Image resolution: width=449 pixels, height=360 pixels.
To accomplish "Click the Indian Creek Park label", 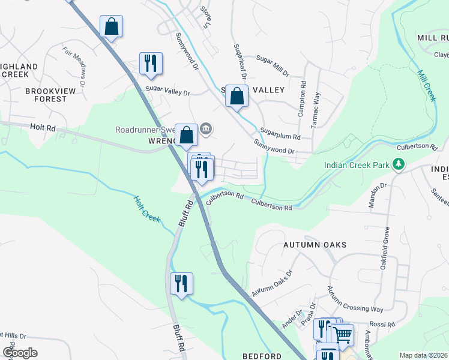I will (x=357, y=164).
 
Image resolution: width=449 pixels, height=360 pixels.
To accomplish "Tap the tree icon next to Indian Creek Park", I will (x=397, y=164).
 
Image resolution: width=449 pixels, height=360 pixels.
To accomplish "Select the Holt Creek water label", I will (x=147, y=209).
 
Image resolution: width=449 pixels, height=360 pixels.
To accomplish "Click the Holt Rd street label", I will (x=43, y=128).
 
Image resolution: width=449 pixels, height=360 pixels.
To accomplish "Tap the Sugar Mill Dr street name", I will (x=273, y=59).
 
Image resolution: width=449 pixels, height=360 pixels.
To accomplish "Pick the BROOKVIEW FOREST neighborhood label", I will (x=46, y=95).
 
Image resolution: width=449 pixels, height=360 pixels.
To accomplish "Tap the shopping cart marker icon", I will (x=342, y=334).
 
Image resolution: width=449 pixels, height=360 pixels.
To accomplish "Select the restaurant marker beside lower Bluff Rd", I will (x=181, y=283).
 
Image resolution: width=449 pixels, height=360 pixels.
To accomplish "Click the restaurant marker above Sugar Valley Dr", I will (x=150, y=63).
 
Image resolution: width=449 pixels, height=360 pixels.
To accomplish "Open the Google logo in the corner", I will (x=20, y=353).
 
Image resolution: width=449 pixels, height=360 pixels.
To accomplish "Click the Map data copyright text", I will (x=424, y=355).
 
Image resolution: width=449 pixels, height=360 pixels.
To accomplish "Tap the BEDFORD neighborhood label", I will (x=262, y=356).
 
